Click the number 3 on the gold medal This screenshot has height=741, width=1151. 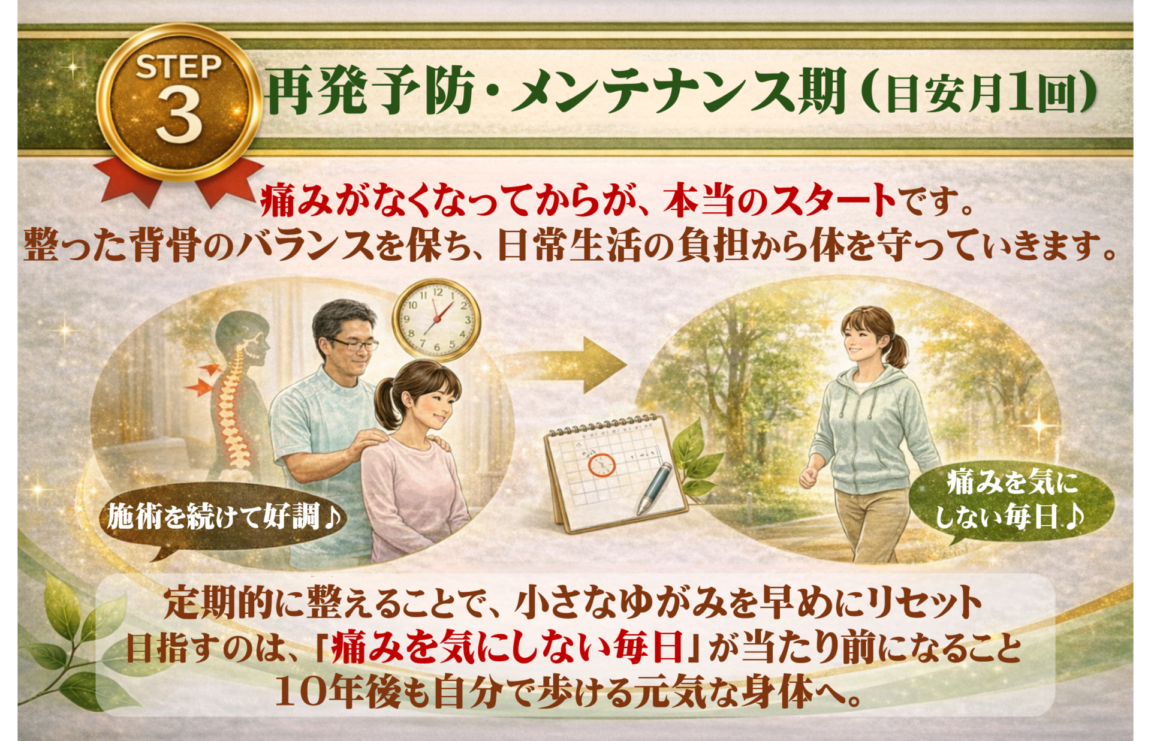(178, 114)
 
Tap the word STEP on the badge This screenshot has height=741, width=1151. (178, 67)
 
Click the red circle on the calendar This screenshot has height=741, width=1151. (601, 465)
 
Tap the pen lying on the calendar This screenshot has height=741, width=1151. (656, 488)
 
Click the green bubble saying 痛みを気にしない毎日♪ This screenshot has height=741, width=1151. (1011, 500)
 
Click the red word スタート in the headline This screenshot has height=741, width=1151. (833, 201)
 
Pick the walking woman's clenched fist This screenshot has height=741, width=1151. (809, 477)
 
